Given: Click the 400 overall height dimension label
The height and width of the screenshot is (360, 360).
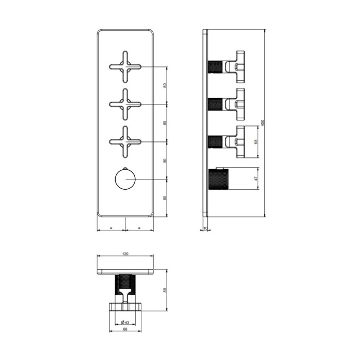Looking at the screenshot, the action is coord(263,123).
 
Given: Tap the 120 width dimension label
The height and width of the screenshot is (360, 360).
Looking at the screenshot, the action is coord(125,254).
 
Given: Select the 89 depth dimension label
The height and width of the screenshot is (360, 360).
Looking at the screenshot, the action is coord(165,290).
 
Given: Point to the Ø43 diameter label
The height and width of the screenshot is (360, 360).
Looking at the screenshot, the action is coord(125,322).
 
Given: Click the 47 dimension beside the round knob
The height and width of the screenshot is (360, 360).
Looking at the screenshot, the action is coord(256,178).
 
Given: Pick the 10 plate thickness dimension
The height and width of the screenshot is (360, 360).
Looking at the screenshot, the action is coord(205,228).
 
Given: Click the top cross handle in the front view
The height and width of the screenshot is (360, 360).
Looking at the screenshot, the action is coord(125,67).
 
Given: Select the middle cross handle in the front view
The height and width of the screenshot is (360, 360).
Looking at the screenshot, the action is coord(125,104).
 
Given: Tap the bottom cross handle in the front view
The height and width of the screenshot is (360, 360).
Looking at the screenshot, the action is coord(125,142).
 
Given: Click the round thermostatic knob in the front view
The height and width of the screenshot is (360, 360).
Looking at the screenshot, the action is coord(125,179).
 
